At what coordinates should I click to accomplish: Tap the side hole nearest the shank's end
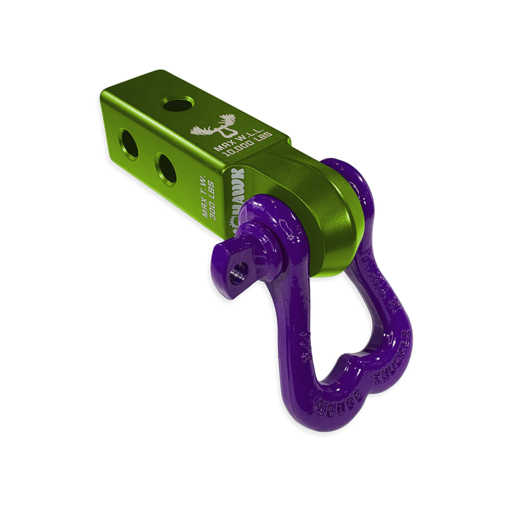click(x=129, y=136)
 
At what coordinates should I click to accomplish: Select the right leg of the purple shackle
click(x=390, y=305)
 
